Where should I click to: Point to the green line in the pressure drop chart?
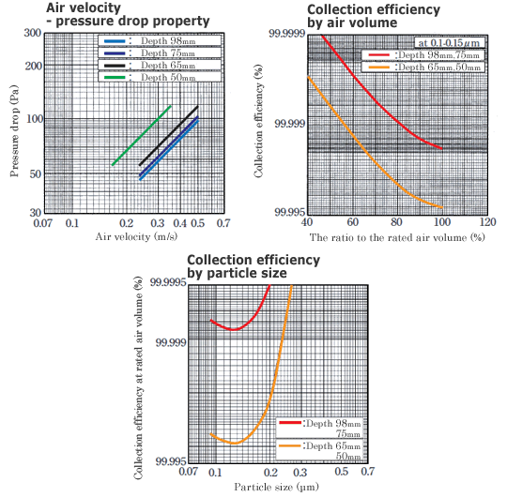[141, 136]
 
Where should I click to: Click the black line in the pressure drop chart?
[169, 137]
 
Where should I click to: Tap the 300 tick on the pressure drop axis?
[31, 33]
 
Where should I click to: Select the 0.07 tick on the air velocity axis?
[42, 225]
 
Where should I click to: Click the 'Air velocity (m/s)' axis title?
[134, 238]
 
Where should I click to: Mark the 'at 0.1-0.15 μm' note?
[448, 43]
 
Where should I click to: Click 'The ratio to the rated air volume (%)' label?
[397, 237]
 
